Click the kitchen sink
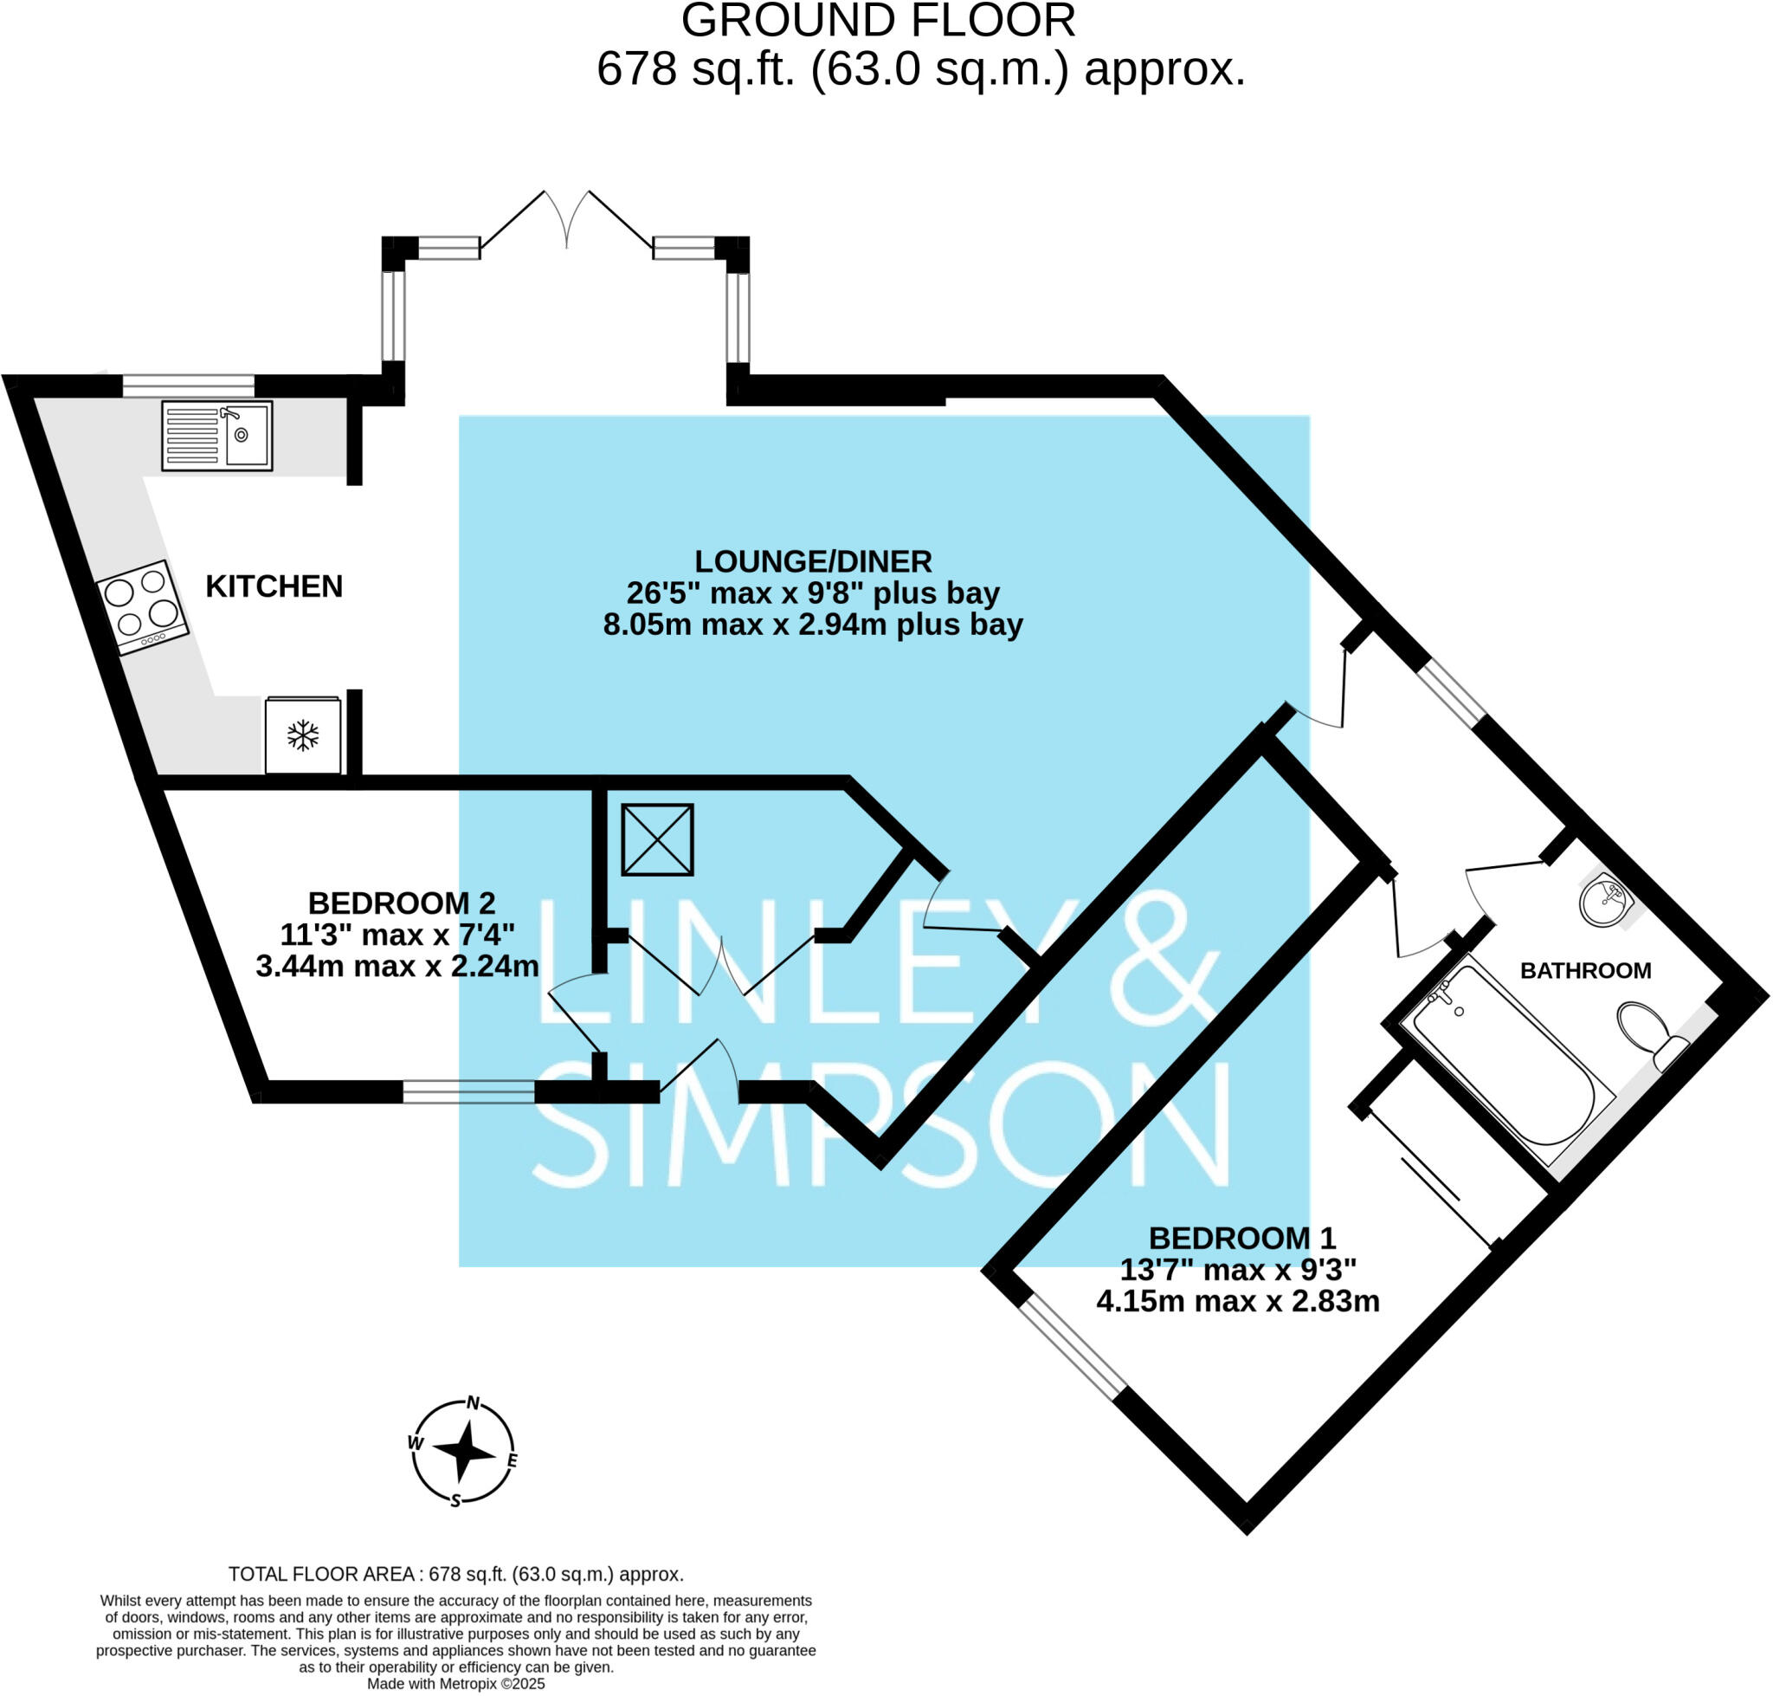(x=217, y=436)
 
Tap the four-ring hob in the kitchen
(x=142, y=605)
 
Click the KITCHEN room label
(x=274, y=586)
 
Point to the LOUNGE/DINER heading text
(x=812, y=561)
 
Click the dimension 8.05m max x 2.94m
(x=812, y=625)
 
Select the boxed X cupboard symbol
(x=657, y=839)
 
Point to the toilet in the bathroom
(x=1647, y=1032)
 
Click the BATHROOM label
(x=1585, y=971)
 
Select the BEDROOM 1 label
(x=1241, y=1238)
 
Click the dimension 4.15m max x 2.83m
(x=1237, y=1302)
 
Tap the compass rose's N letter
(x=472, y=1404)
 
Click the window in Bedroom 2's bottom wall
(x=468, y=1092)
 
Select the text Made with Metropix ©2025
(x=455, y=1683)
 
